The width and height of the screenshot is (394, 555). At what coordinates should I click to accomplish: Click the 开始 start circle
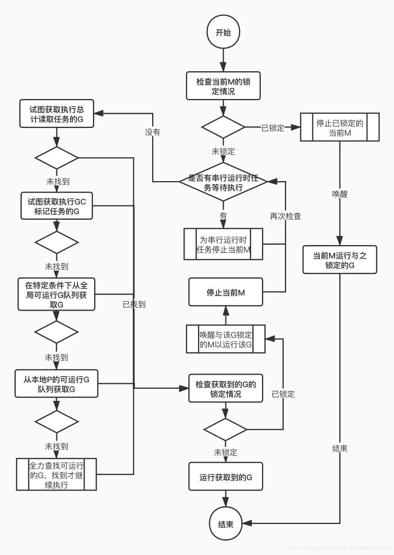(x=223, y=32)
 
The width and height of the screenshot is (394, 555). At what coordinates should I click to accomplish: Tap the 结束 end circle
(x=225, y=523)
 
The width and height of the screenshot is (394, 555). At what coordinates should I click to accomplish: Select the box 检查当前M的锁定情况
(x=223, y=86)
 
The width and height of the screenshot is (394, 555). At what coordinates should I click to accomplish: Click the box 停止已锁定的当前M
(x=340, y=127)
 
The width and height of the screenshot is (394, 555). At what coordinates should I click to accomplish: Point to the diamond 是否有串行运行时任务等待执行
(x=223, y=182)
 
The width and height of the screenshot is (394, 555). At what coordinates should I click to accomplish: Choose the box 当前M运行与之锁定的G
(x=340, y=260)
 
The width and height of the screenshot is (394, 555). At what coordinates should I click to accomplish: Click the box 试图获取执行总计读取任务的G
(x=57, y=114)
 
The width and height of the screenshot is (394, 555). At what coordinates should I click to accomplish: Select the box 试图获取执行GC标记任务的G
(x=57, y=206)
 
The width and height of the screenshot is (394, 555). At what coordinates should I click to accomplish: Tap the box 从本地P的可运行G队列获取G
(x=56, y=384)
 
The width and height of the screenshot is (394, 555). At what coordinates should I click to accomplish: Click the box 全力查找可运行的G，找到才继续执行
(x=56, y=475)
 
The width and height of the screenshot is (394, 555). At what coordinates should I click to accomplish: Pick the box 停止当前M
(x=226, y=292)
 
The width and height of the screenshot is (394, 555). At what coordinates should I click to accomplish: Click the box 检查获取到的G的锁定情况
(x=226, y=388)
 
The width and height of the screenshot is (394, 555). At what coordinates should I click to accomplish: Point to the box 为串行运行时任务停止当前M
(x=223, y=244)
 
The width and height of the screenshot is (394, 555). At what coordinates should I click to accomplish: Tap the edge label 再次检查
(x=285, y=216)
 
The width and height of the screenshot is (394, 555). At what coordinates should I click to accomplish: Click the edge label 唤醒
(x=340, y=194)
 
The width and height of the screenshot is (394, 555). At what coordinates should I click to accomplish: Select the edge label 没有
(x=153, y=132)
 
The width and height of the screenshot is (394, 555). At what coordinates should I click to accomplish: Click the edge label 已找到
(x=134, y=304)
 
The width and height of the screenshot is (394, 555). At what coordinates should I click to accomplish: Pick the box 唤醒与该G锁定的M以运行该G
(x=226, y=339)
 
